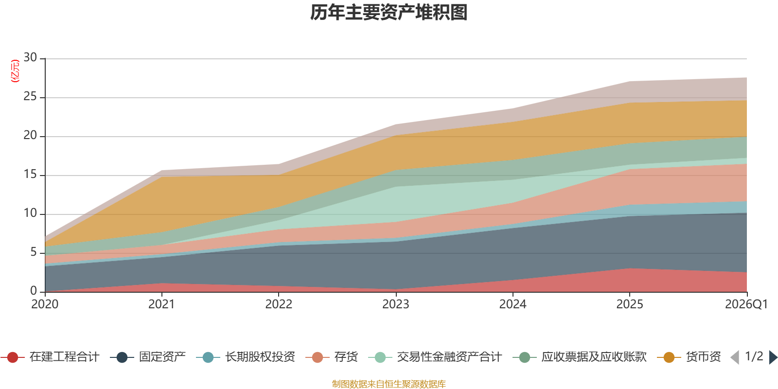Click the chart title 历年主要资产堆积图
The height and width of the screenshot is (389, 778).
click(x=389, y=13)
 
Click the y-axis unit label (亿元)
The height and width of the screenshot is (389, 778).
click(x=15, y=71)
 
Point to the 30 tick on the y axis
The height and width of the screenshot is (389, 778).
click(x=30, y=58)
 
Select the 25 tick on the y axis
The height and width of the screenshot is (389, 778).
click(x=30, y=97)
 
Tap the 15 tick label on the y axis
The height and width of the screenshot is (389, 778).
click(x=30, y=175)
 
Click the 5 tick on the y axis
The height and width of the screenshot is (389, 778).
click(x=33, y=252)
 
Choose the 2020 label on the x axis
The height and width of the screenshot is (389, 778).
click(x=45, y=304)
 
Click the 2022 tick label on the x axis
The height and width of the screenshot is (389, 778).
click(x=279, y=304)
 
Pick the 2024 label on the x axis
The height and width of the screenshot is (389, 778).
click(x=513, y=304)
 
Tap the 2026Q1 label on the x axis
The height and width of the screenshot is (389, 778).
click(x=746, y=304)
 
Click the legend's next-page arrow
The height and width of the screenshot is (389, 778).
click(x=773, y=357)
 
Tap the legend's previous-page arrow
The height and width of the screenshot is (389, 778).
click(x=735, y=357)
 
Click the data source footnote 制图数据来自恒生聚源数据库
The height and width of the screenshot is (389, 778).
click(x=389, y=384)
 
